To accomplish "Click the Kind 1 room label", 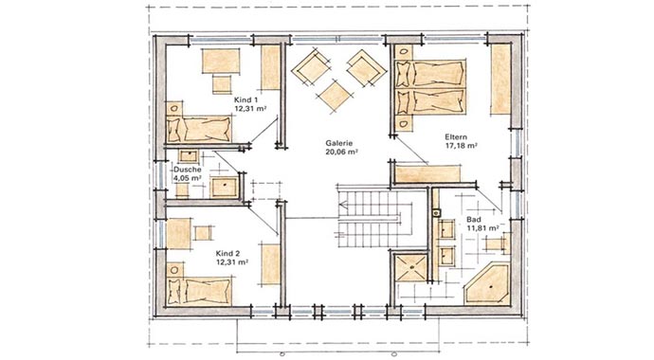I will coord(245,98).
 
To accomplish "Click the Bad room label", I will coord(473,219).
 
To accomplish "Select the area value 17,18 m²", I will coord(460,147).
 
